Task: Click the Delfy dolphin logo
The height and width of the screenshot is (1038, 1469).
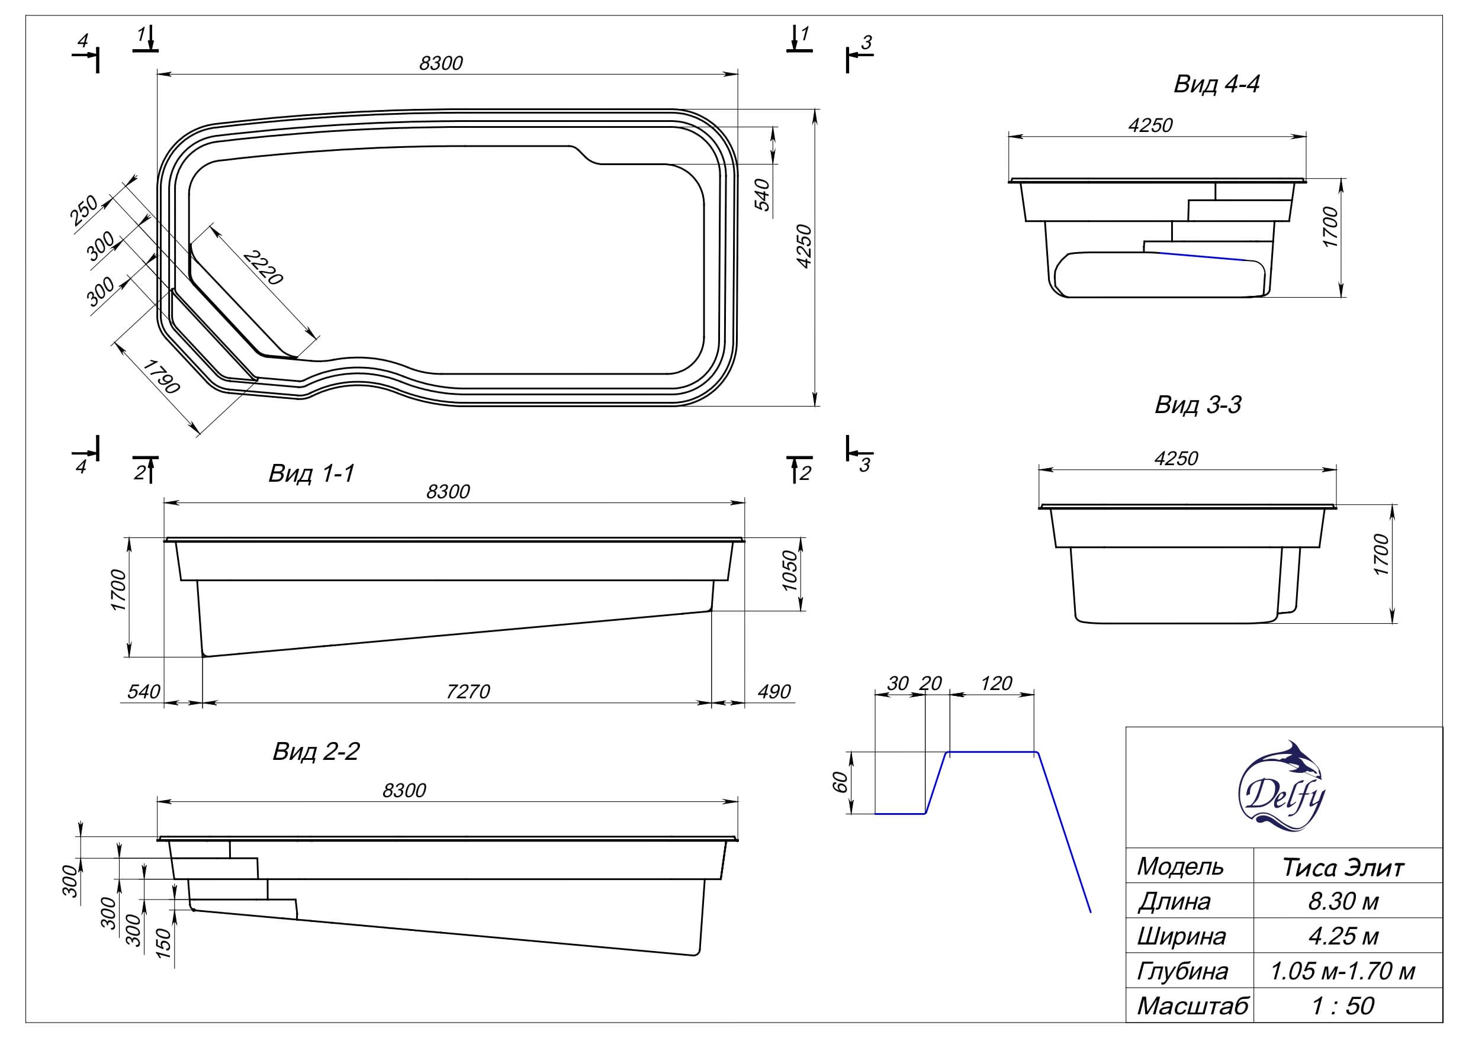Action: (1281, 786)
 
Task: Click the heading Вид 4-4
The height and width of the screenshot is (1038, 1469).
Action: (1216, 85)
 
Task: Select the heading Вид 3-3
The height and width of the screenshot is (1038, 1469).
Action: (1198, 405)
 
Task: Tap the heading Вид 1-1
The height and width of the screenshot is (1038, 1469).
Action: (311, 473)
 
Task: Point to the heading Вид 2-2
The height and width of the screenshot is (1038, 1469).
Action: (316, 751)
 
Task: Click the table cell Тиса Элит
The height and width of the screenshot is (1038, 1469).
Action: (1342, 868)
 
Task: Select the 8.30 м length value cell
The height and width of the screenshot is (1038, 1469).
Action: (1342, 902)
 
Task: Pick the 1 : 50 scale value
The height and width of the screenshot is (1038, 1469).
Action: (1342, 1006)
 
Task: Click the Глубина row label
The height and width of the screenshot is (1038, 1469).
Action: (1182, 972)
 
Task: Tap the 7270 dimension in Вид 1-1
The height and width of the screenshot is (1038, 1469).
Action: (468, 691)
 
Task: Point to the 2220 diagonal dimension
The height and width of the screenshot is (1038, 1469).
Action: (262, 267)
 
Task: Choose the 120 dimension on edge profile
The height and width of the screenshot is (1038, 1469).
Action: (995, 684)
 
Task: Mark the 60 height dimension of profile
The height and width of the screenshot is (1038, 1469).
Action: (840, 782)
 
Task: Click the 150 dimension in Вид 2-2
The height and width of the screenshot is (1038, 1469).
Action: (164, 943)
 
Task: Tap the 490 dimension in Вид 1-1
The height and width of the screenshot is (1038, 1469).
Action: (773, 691)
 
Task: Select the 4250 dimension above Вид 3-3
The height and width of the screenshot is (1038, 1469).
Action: (1176, 458)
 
